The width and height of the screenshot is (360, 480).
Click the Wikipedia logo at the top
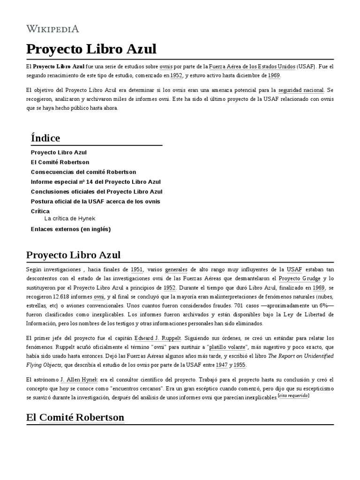(x=52, y=29)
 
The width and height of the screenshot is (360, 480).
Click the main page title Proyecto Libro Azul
(x=91, y=49)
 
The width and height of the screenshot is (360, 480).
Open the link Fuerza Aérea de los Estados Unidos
(x=252, y=67)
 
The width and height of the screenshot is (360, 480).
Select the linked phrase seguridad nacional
(x=301, y=90)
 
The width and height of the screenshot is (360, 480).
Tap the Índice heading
(x=45, y=138)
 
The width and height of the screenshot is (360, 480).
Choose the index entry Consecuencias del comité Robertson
(x=83, y=172)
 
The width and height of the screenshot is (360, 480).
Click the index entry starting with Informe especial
(x=96, y=182)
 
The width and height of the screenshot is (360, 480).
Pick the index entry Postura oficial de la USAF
(x=96, y=202)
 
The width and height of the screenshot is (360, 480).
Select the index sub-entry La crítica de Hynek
(x=70, y=218)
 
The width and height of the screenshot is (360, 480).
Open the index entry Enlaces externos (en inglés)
(x=71, y=229)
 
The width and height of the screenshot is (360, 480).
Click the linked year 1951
(x=137, y=270)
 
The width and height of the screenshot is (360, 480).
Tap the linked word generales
(x=176, y=270)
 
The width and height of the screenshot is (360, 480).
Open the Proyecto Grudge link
(x=303, y=278)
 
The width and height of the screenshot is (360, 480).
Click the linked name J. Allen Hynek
(x=79, y=379)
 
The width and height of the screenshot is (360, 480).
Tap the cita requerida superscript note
(x=293, y=396)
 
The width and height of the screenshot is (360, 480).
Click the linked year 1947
(x=222, y=365)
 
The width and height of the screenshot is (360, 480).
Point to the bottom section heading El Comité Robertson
(x=75, y=417)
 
